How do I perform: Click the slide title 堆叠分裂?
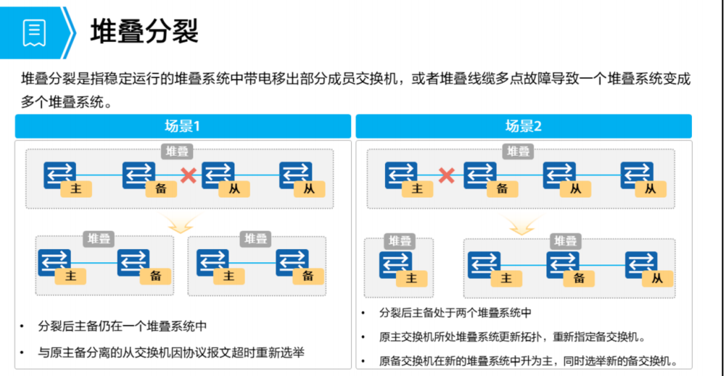coord(145,32)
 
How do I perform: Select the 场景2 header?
coord(523,126)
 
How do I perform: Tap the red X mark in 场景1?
coord(189,175)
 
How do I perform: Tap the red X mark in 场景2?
coord(447,175)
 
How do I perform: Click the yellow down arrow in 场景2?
coord(521,224)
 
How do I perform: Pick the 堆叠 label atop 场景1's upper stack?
coord(178,151)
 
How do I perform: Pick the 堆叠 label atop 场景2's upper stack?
coord(519,151)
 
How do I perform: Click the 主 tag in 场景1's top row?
coord(75,189)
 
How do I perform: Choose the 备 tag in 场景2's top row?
coord(501,189)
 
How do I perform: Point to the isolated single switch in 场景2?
coord(395,265)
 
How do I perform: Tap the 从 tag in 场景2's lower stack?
coord(657,278)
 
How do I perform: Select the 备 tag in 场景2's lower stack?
coord(579,278)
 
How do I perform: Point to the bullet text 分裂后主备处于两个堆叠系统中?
coord(455,314)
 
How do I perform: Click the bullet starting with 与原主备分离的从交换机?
coord(171,353)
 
